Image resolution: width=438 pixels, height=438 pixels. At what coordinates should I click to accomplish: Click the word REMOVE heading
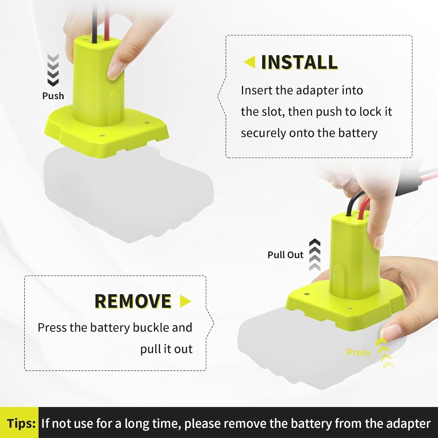point(133,301)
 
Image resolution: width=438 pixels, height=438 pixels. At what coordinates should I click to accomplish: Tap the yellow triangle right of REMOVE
point(185,301)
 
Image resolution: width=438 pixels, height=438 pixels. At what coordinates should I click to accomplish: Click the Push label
point(53,96)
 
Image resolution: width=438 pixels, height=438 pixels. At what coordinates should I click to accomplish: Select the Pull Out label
point(285,255)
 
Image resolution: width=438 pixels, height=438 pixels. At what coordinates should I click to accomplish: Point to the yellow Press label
point(358,352)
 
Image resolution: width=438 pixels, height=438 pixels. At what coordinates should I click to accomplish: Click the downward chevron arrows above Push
point(53,70)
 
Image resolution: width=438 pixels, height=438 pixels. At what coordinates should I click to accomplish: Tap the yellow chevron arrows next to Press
point(384,354)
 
